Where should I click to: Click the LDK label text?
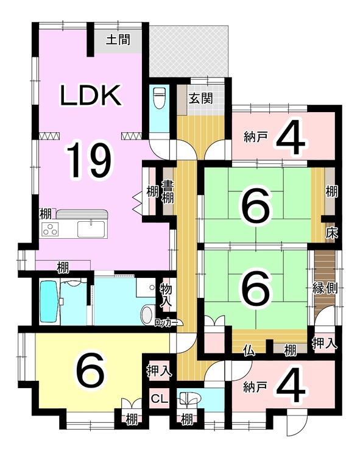coord(91,94)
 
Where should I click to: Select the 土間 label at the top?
coord(118,40)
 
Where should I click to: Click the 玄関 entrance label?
coord(201,99)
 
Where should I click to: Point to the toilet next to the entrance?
coord(159,98)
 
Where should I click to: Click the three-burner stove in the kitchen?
coord(50,228)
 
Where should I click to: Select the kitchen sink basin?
coord(91,228)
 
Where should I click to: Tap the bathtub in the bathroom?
coord(48,302)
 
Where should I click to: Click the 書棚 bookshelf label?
coord(168,191)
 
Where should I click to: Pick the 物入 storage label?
coord(166,296)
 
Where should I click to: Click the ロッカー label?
coord(166,322)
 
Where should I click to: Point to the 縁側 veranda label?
coord(325,288)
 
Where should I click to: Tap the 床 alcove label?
coord(331,233)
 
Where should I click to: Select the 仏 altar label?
coord(249,350)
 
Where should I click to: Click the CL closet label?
coord(159,398)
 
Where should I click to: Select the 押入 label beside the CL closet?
coord(159,370)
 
